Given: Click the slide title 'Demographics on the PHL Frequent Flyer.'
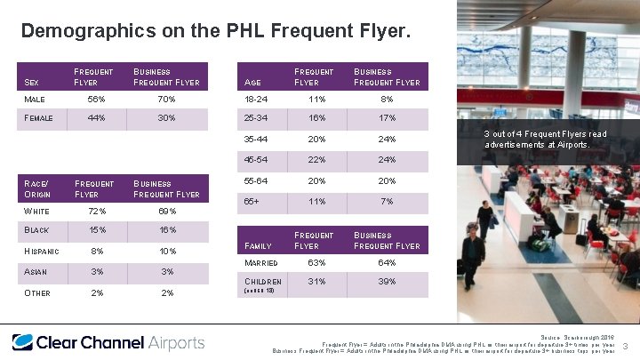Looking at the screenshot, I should point(215,32).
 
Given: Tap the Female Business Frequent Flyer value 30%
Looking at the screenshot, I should point(166,118).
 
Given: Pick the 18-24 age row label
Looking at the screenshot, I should point(256,99).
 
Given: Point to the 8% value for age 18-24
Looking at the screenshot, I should point(387,99).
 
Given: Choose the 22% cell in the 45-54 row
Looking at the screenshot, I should point(317,161).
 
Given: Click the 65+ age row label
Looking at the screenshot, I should point(252,202).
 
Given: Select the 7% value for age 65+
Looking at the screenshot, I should point(387,202).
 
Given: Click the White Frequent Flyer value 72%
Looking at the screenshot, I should point(98,212).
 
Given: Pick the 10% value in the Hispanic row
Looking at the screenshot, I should point(166,252).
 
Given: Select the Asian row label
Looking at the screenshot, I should point(36,272).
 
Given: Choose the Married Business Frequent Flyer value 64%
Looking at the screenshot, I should point(387,263).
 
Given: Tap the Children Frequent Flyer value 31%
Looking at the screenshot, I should point(317,282).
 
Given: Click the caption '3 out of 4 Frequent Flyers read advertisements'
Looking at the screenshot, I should point(545,139).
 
